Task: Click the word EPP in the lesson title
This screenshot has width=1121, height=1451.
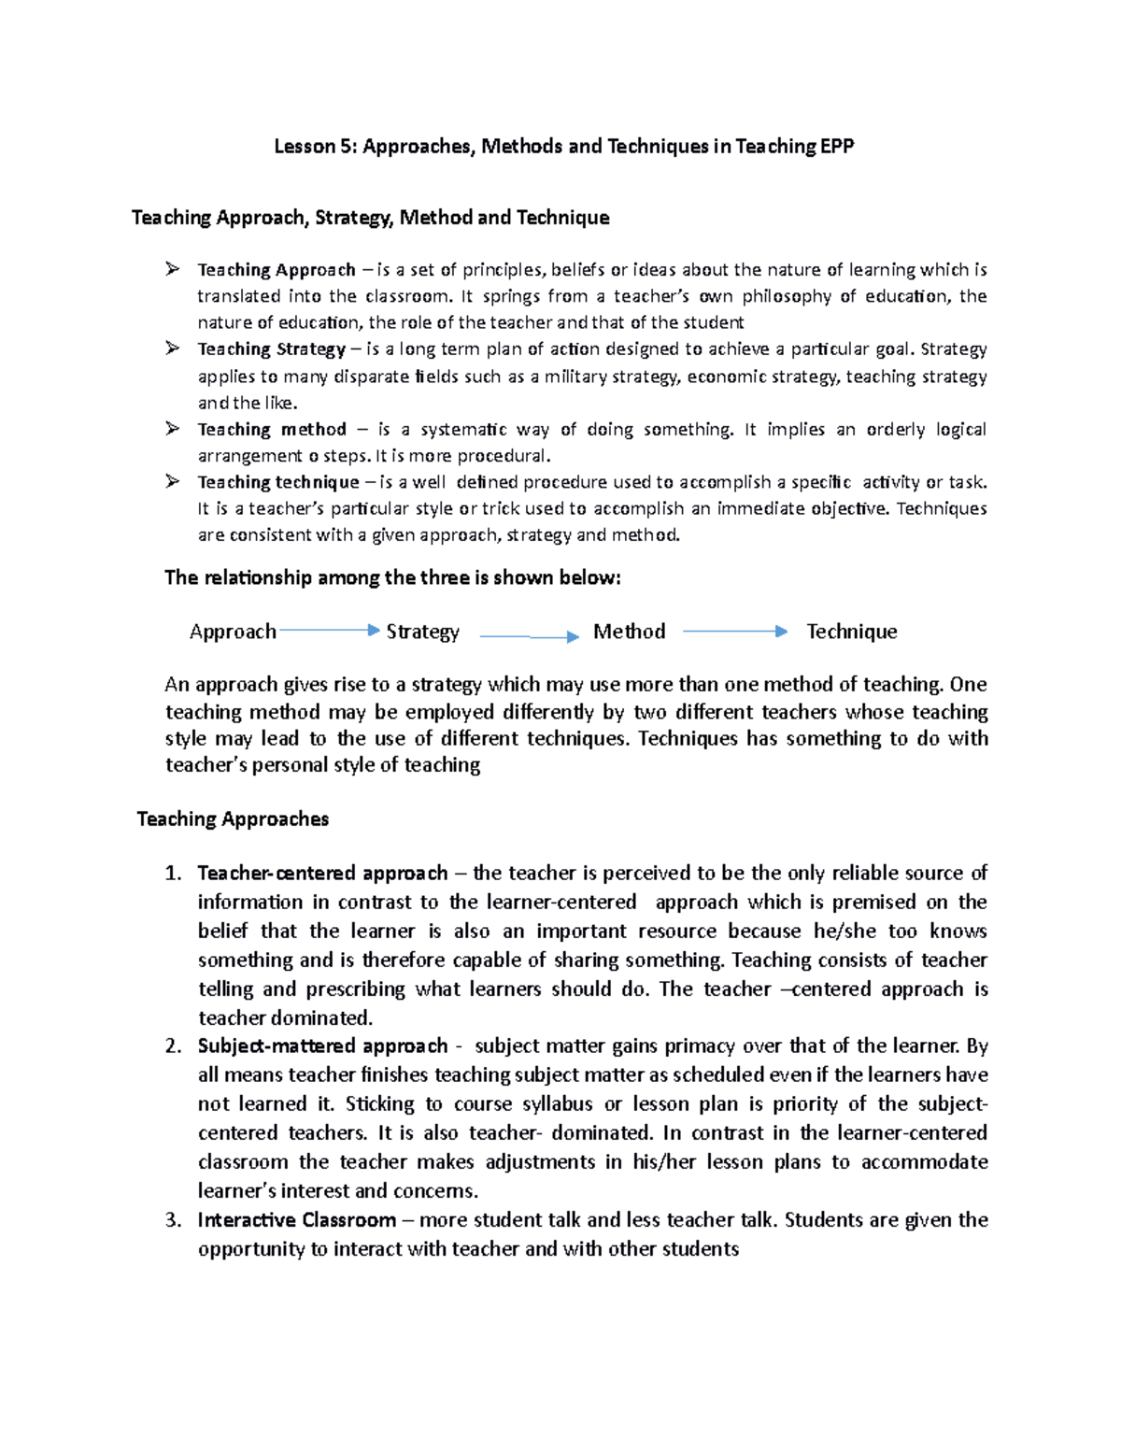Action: pyautogui.click(x=836, y=146)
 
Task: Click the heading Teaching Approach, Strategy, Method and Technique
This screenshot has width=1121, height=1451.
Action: pyautogui.click(x=370, y=218)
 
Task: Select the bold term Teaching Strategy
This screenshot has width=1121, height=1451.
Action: pyautogui.click(x=271, y=349)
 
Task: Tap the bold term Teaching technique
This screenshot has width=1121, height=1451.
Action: pyautogui.click(x=277, y=482)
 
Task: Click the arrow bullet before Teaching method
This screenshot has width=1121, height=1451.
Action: pyautogui.click(x=172, y=429)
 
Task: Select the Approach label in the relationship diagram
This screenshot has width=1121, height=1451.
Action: pyautogui.click(x=233, y=632)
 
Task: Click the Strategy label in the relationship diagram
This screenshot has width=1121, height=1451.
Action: pyautogui.click(x=422, y=632)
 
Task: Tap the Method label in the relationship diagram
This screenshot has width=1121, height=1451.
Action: pyautogui.click(x=629, y=632)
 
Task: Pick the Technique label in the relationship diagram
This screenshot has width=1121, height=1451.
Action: pyautogui.click(x=851, y=632)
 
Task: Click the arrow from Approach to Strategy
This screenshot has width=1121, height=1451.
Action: pyautogui.click(x=329, y=631)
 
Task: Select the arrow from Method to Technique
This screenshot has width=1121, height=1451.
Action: pyautogui.click(x=734, y=632)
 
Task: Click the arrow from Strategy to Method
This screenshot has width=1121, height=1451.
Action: pyautogui.click(x=529, y=636)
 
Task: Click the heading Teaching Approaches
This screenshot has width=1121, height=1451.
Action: pyautogui.click(x=233, y=819)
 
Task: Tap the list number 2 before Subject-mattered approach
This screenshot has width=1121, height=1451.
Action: pyautogui.click(x=173, y=1046)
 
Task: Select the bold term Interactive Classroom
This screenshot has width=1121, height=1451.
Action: pyautogui.click(x=296, y=1220)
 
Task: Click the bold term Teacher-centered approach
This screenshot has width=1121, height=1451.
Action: pyautogui.click(x=322, y=874)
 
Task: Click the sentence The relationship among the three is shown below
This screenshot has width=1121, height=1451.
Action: pyautogui.click(x=392, y=578)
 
